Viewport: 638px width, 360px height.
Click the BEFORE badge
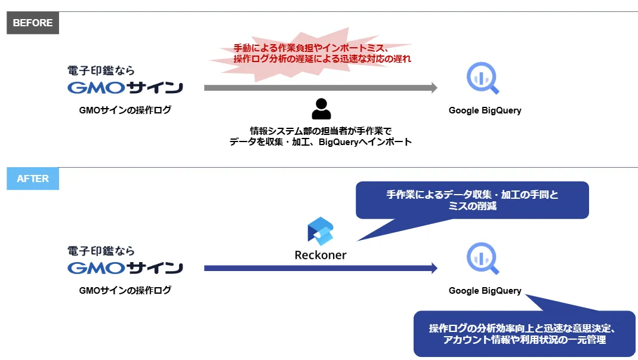pos(33,23)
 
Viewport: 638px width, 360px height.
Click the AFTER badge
pos(33,179)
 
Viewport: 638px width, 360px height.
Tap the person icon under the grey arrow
pos(321,109)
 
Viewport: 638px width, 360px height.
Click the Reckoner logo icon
pos(320,232)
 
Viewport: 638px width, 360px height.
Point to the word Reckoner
pos(320,255)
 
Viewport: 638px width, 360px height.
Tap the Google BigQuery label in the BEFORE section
pos(485,110)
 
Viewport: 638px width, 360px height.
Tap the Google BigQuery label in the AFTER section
pos(485,291)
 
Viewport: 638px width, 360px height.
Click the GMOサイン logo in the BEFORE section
pos(125,88)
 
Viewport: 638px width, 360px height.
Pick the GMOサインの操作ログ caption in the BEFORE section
pos(125,110)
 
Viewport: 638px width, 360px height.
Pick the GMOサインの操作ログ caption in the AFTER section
pos(125,290)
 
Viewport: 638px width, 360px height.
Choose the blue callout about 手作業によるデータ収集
pos(471,200)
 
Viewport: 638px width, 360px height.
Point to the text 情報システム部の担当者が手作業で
pos(320,131)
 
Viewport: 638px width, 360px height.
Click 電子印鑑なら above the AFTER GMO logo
pos(101,251)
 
